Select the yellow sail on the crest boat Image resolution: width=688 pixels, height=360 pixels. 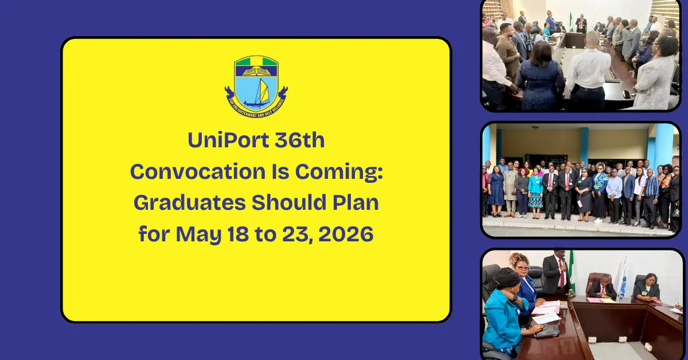pyautogui.click(x=263, y=91)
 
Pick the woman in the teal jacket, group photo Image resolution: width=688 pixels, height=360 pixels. pyautogui.click(x=537, y=189)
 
